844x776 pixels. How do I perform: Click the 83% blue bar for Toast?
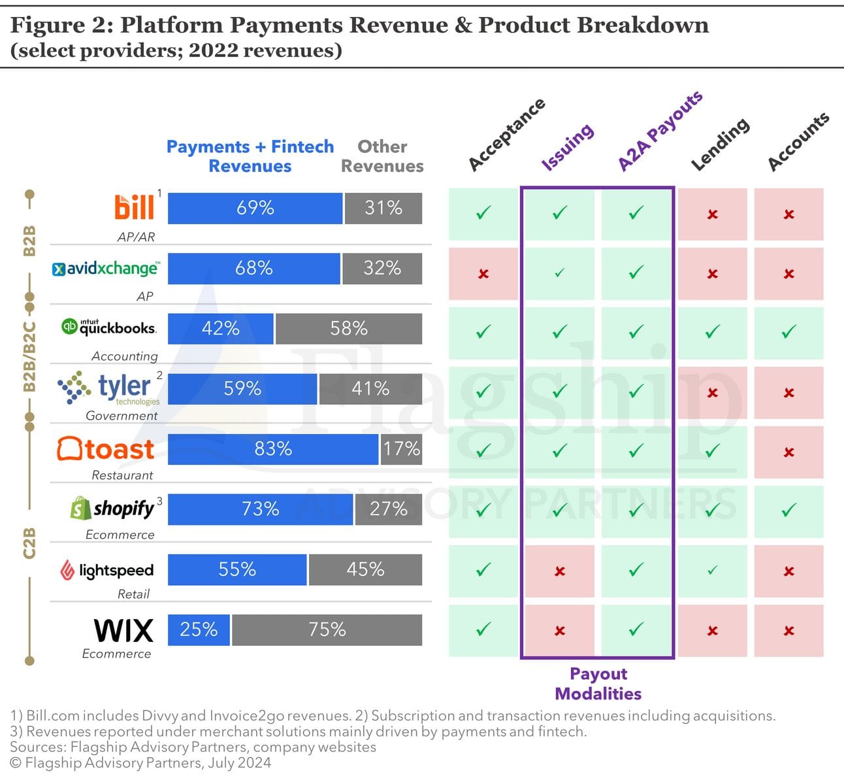pos(273,449)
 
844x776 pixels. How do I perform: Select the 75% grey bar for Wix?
pos(327,630)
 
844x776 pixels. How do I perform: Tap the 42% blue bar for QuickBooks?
pos(220,328)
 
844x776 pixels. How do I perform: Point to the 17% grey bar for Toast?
pos(401,449)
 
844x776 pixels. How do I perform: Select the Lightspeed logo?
pos(107,570)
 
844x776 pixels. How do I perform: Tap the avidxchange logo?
pos(105,268)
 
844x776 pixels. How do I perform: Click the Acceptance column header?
pos(506,135)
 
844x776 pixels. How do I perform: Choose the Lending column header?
pos(720,144)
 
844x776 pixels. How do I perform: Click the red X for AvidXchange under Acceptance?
pos(483,274)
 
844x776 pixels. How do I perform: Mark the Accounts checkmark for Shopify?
pos(788,509)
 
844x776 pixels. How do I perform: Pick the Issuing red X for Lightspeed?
pos(560,571)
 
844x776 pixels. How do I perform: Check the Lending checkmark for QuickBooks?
pos(712,332)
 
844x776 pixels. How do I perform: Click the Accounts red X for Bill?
pos(788,214)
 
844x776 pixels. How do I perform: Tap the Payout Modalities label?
pos(598,684)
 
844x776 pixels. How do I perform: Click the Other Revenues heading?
pos(382,156)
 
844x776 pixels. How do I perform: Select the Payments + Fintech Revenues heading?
pos(250,156)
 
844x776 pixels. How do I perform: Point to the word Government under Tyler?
pos(122,416)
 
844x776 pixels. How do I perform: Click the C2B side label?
pos(29,543)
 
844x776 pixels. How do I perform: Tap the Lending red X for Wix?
pos(712,631)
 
